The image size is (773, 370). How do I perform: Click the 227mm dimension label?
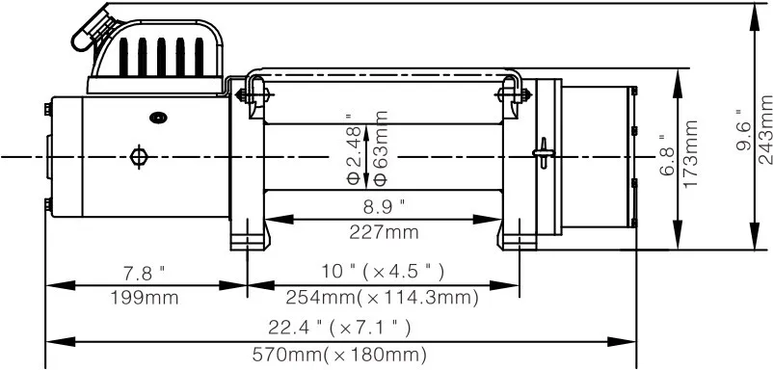click(384, 233)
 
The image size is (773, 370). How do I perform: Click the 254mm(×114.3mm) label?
click(383, 298)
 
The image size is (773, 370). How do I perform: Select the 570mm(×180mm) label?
click(339, 355)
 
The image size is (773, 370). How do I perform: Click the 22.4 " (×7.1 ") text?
click(339, 327)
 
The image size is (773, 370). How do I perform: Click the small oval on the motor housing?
click(158, 118)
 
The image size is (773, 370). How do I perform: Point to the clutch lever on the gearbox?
click(544, 152)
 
